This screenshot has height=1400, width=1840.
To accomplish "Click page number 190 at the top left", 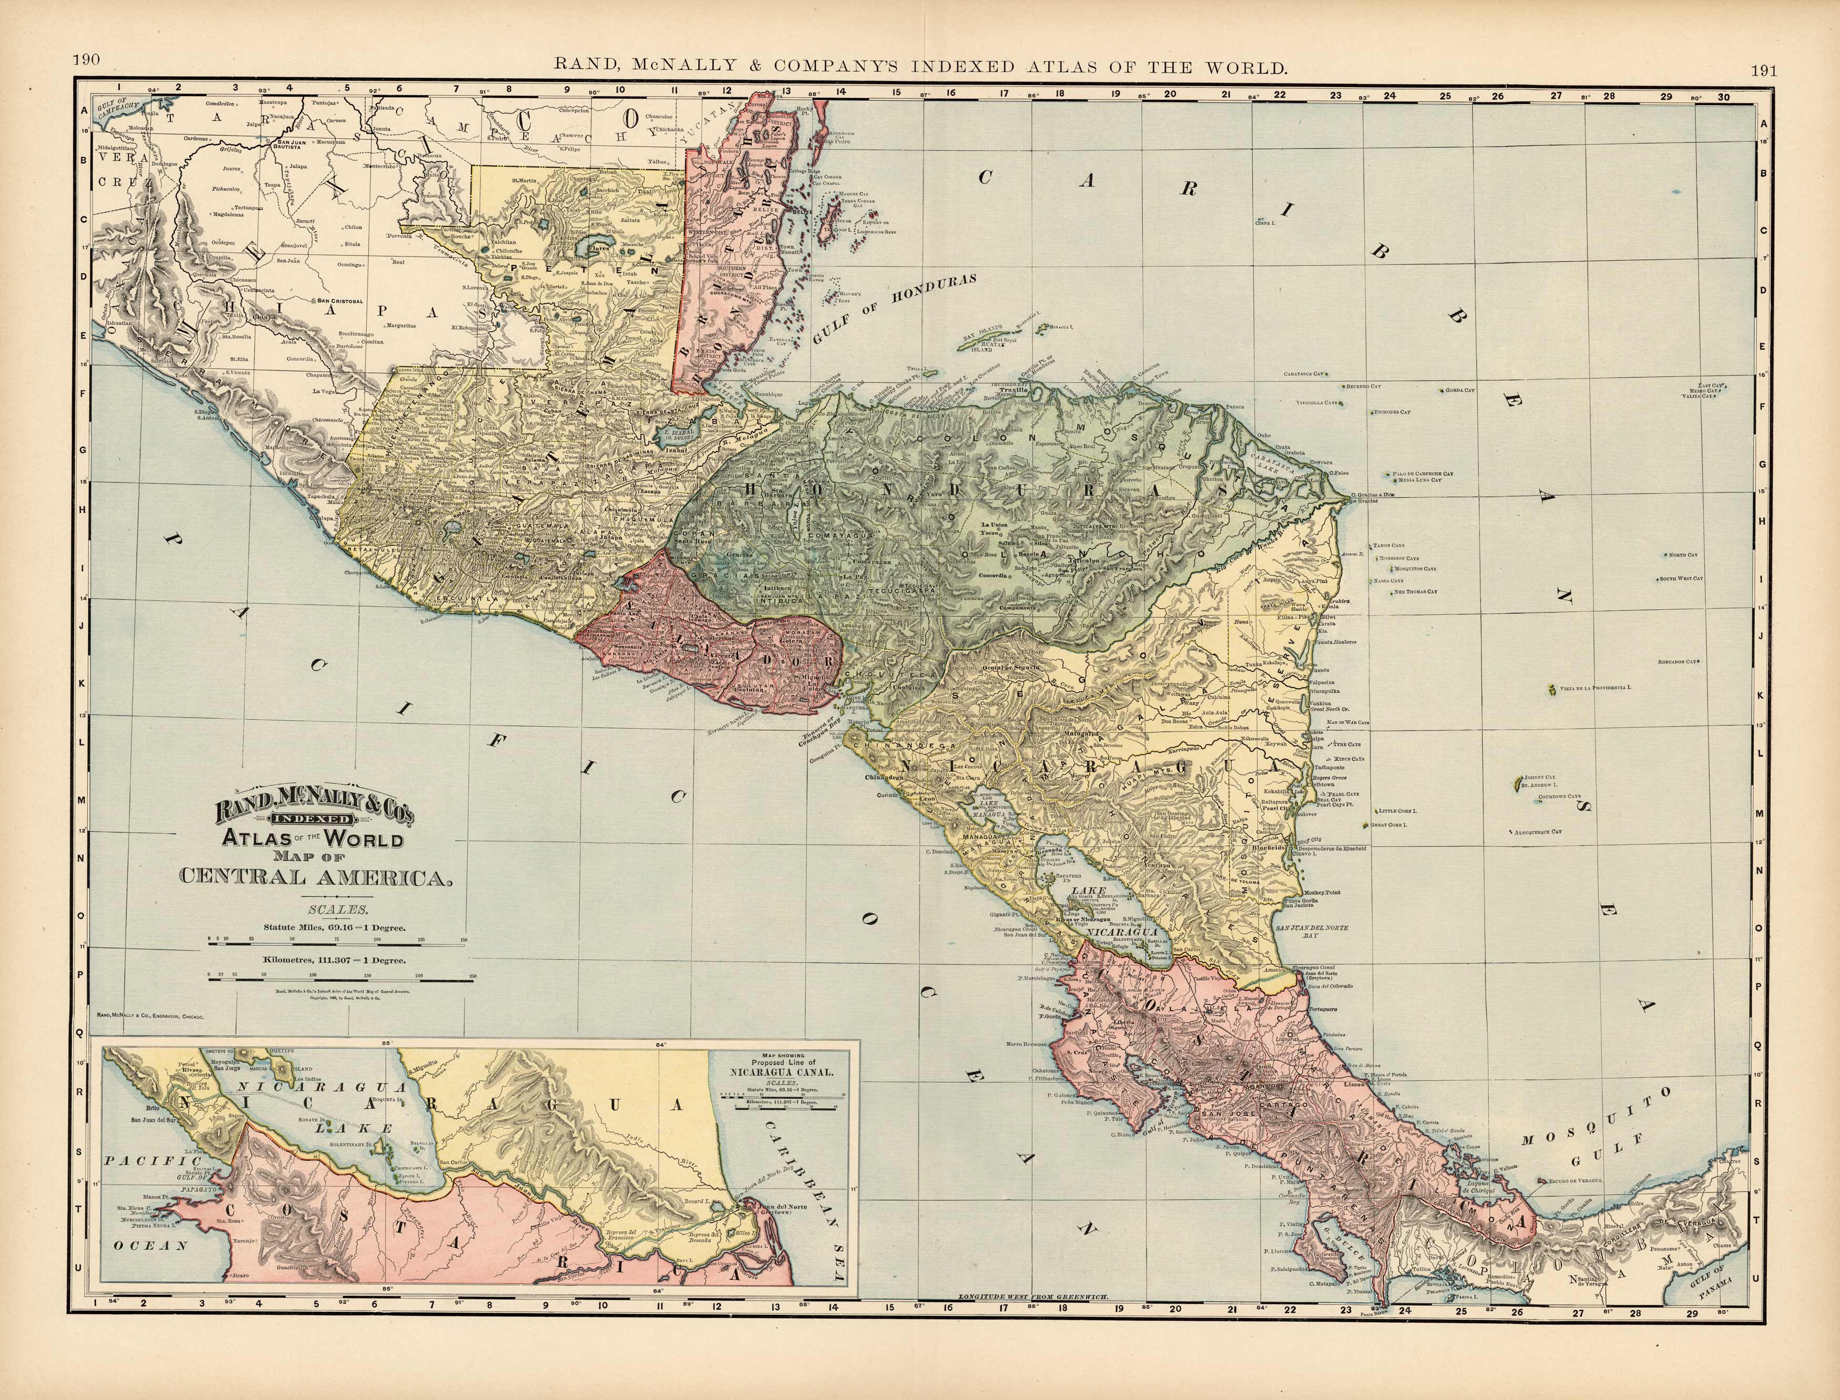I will pyautogui.click(x=86, y=59).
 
